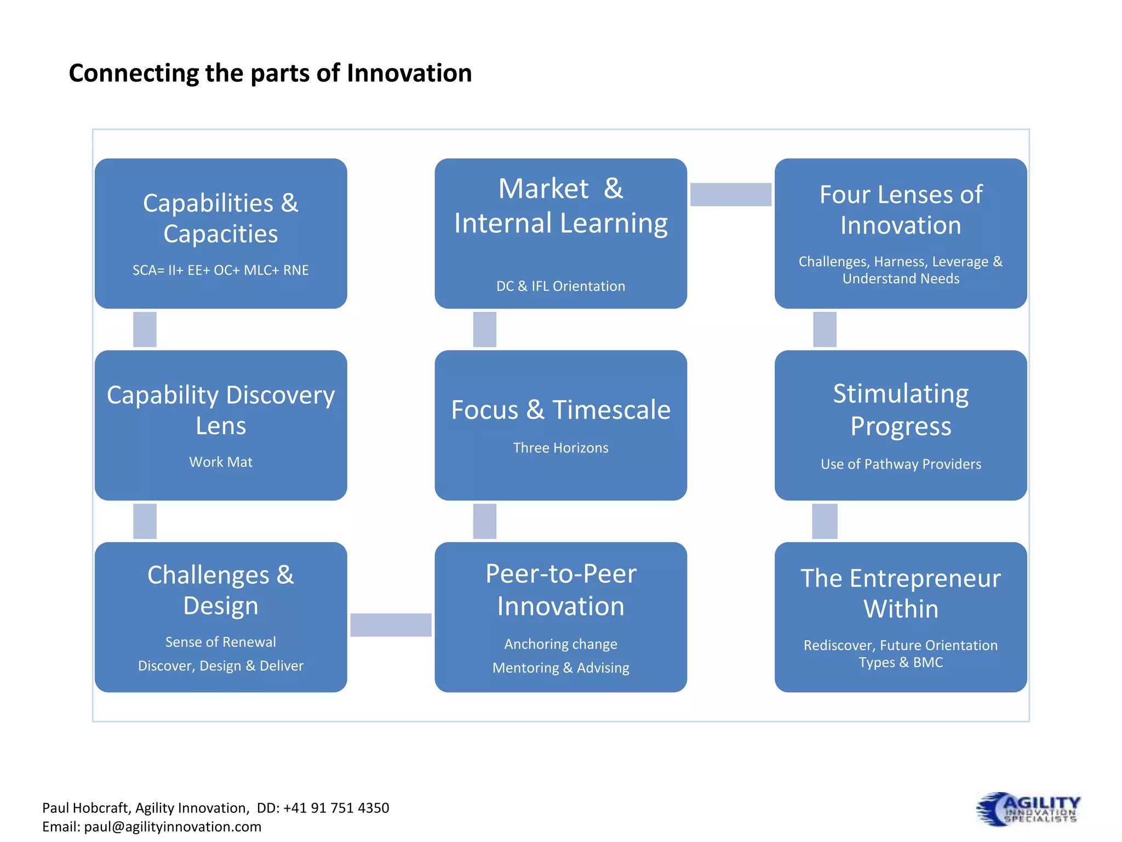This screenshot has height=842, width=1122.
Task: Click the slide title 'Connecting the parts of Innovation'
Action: pyautogui.click(x=270, y=73)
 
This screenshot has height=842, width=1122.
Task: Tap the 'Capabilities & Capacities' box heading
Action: pyautogui.click(x=221, y=218)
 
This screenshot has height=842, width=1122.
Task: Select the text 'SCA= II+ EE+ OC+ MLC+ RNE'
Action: pyautogui.click(x=221, y=270)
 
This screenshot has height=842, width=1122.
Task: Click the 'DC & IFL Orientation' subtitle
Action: pyautogui.click(x=560, y=286)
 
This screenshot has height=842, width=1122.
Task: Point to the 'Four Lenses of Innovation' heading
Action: pyautogui.click(x=901, y=210)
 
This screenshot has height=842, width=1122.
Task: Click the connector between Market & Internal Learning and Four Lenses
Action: pyautogui.click(x=730, y=195)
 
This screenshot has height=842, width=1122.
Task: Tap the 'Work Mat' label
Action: pyautogui.click(x=221, y=462)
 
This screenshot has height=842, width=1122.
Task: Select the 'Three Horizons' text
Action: pyautogui.click(x=560, y=448)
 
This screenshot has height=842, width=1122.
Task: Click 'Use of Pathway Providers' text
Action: pyautogui.click(x=901, y=464)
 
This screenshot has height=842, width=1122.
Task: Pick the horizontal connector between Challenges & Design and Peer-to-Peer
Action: pyautogui.click(x=391, y=625)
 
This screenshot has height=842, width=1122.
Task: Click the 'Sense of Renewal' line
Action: pyautogui.click(x=221, y=642)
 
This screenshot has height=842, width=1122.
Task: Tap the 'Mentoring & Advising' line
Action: pyautogui.click(x=560, y=668)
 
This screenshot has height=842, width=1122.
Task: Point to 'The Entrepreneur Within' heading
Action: pyautogui.click(x=901, y=594)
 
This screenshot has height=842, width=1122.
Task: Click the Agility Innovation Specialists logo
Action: pyautogui.click(x=1028, y=809)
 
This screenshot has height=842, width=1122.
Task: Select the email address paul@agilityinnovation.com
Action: pyautogui.click(x=173, y=827)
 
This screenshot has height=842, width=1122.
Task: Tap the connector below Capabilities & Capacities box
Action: pyautogui.click(x=145, y=329)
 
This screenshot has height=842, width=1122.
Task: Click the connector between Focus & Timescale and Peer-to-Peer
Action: pyautogui.click(x=485, y=521)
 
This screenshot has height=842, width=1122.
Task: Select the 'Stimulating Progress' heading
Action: pyautogui.click(x=901, y=409)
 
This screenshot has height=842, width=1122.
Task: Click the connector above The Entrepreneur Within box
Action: pyautogui.click(x=825, y=521)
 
